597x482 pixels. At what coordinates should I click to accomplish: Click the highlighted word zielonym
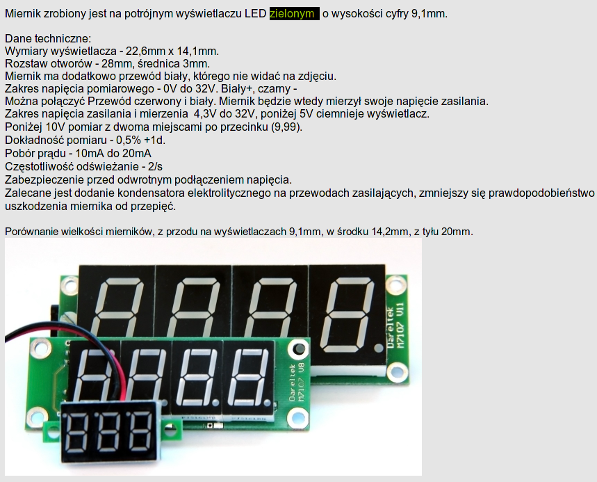coord(292,14)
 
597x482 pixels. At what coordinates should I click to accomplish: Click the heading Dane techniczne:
coord(48,38)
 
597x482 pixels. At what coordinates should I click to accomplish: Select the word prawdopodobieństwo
coord(541,193)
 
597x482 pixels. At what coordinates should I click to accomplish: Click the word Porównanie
coord(31,232)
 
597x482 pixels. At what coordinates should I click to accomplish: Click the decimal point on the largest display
coord(378,348)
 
